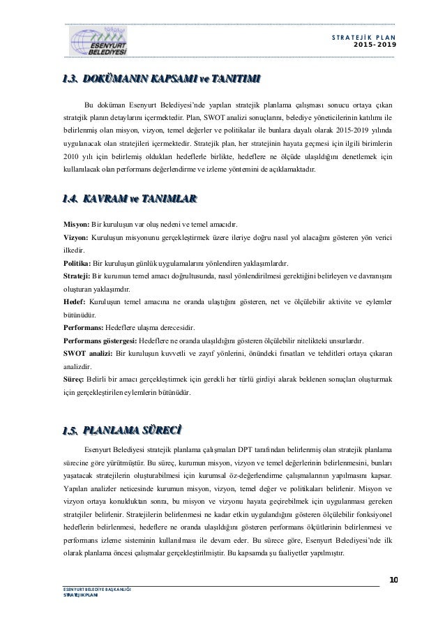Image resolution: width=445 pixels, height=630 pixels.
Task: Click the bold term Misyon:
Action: pyautogui.click(x=77, y=225)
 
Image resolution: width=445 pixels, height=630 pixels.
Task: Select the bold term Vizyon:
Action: pyautogui.click(x=77, y=238)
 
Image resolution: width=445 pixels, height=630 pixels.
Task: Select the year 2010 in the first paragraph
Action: pyautogui.click(x=72, y=157)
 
